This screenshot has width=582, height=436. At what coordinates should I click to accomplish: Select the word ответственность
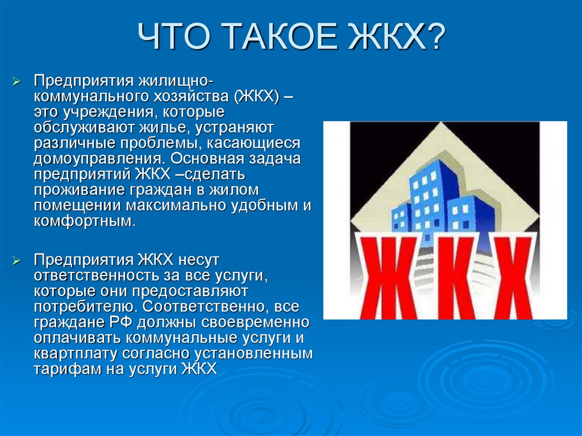(x=95, y=276)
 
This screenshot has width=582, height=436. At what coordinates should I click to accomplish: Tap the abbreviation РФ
(x=120, y=322)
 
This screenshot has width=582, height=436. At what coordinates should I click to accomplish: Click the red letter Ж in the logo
(x=391, y=277)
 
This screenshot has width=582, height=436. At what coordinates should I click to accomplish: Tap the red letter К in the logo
(x=457, y=277)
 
